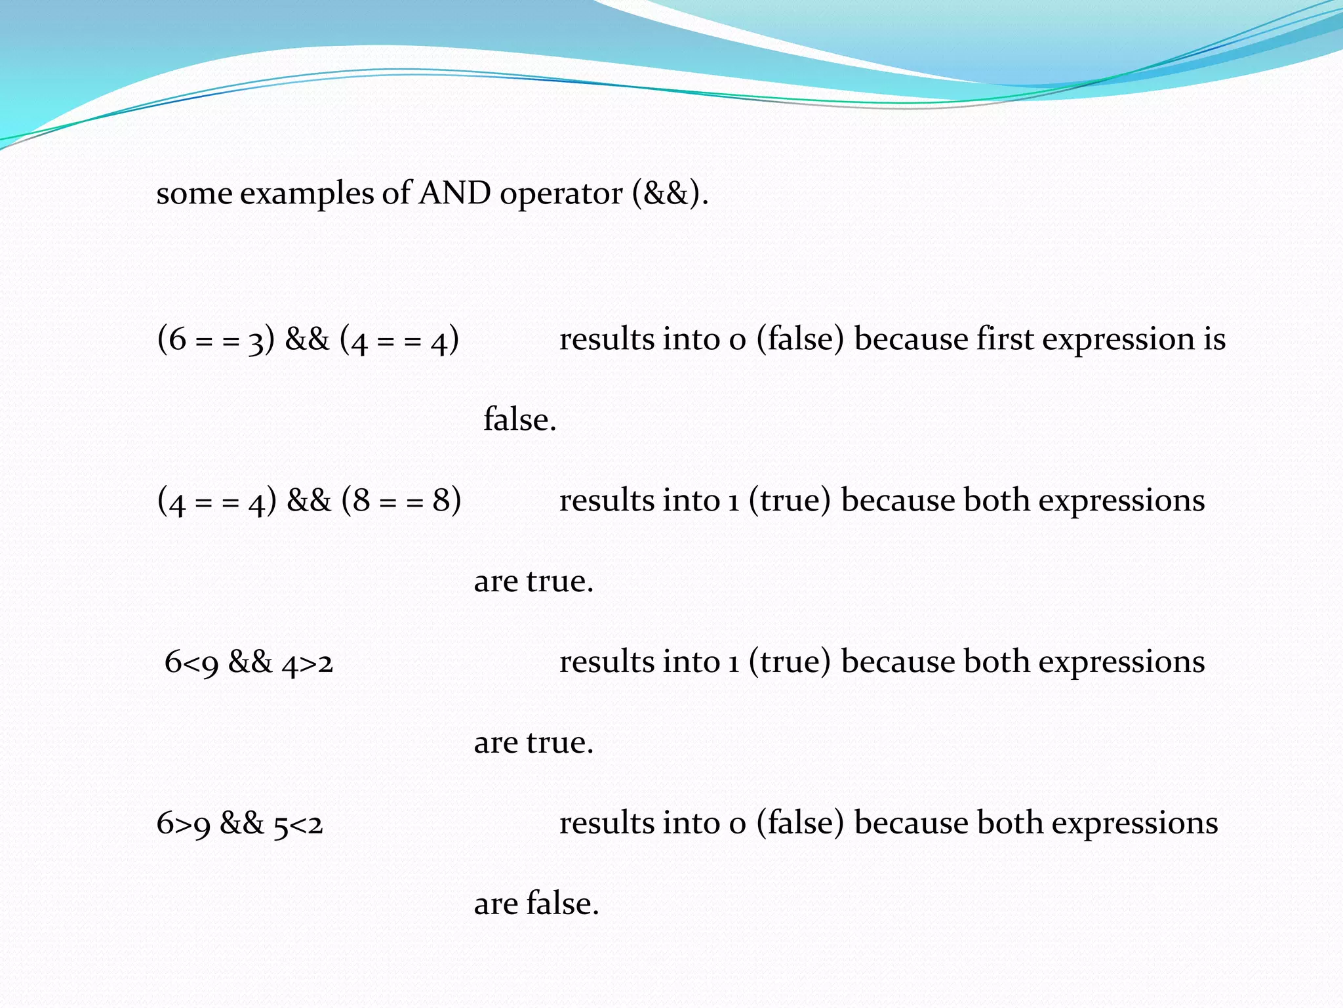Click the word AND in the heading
pos(454,193)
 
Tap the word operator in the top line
pos(561,194)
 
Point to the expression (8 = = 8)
pos(401,501)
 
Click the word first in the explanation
pos(1004,339)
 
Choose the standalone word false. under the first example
pos(519,420)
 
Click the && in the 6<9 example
pos(250,662)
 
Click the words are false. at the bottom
pos(536,904)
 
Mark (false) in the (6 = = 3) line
pos(799,341)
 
